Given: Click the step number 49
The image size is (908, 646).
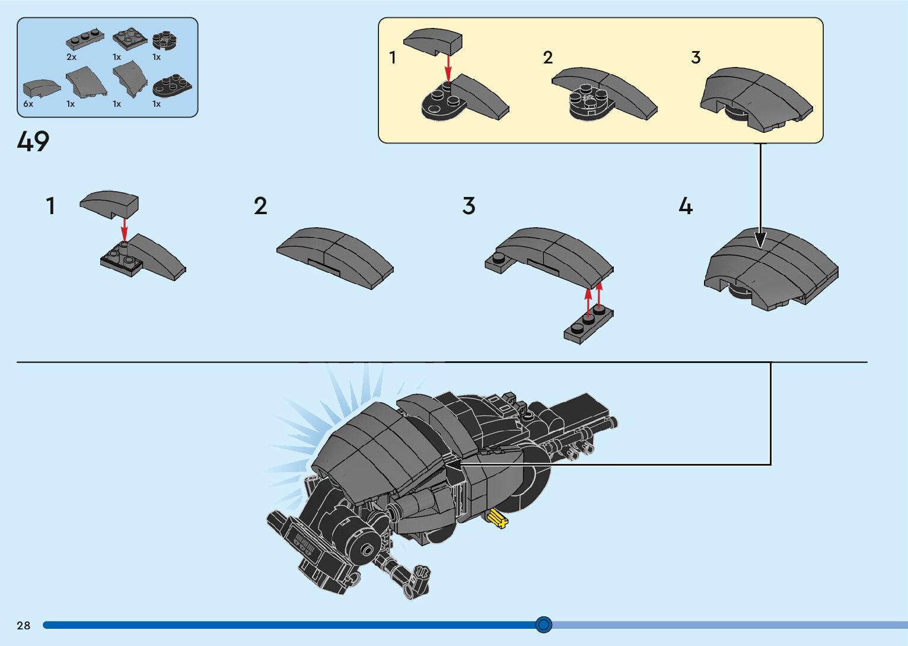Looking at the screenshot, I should pyautogui.click(x=33, y=141).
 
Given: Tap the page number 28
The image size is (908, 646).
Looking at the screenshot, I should pyautogui.click(x=24, y=625).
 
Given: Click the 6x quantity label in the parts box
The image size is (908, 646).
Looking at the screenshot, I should pyautogui.click(x=28, y=104).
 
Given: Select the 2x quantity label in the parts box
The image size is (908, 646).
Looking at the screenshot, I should pyautogui.click(x=71, y=57).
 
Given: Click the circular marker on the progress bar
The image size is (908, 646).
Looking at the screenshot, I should pyautogui.click(x=543, y=624).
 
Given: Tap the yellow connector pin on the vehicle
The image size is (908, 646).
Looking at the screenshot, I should pyautogui.click(x=497, y=519).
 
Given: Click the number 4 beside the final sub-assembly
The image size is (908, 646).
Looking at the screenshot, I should pyautogui.click(x=686, y=206).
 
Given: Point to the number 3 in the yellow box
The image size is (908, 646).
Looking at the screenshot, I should pyautogui.click(x=696, y=58).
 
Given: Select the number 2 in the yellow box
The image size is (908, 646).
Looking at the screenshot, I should pyautogui.click(x=547, y=58).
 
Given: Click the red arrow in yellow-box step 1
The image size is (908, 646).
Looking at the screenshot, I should pyautogui.click(x=448, y=67).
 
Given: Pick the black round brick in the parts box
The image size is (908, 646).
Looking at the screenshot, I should pyautogui.click(x=164, y=40).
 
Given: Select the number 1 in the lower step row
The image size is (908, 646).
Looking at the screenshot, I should pyautogui.click(x=51, y=206).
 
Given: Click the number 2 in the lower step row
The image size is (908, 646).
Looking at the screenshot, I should pyautogui.click(x=260, y=206).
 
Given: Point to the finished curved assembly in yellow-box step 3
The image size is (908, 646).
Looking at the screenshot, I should pyautogui.click(x=756, y=98).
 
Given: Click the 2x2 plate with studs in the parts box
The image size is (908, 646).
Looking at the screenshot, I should pyautogui.click(x=130, y=39).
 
